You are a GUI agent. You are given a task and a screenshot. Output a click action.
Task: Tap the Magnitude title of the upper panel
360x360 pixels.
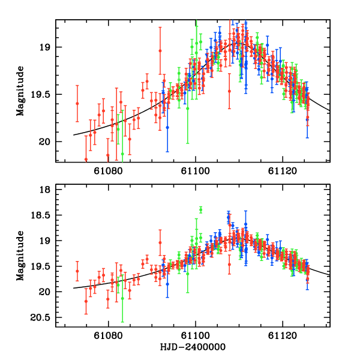point(20,91)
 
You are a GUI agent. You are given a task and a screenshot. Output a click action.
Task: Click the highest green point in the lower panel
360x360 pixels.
point(201,209)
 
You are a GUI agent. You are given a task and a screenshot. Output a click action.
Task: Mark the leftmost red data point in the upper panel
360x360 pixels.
point(77,103)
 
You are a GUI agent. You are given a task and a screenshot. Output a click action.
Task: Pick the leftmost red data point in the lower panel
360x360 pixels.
point(77,271)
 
